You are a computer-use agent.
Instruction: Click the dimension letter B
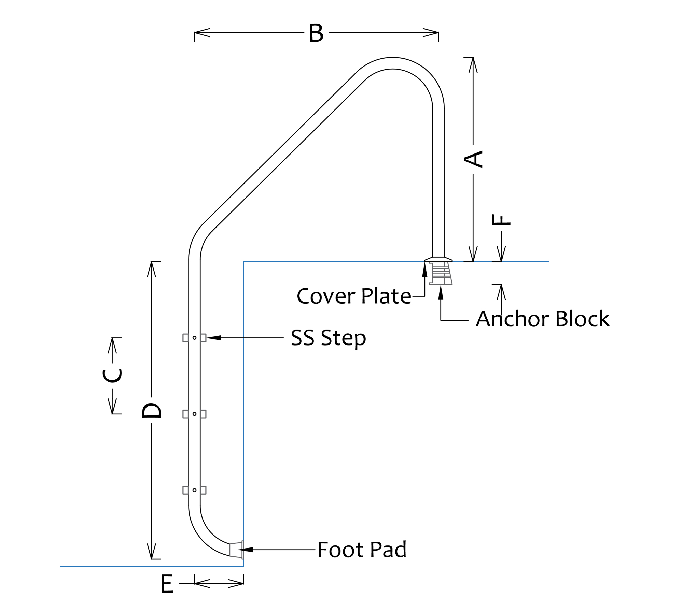click(316, 33)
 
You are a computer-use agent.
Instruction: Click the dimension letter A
click(473, 159)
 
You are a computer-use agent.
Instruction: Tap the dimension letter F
click(501, 220)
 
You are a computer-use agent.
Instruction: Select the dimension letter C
click(112, 376)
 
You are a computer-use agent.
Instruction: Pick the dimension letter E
click(167, 584)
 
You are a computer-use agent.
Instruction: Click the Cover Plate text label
click(354, 296)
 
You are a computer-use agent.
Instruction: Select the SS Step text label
click(328, 337)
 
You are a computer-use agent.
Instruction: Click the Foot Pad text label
click(362, 550)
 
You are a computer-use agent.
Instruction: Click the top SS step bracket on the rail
click(194, 338)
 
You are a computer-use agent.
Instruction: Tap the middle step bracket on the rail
click(194, 414)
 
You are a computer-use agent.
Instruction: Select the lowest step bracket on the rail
click(194, 490)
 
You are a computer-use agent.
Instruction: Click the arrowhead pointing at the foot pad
click(246, 550)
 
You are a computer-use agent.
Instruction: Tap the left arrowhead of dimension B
click(201, 33)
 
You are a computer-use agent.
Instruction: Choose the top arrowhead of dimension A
click(473, 65)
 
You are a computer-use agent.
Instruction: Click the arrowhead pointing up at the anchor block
click(441, 293)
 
